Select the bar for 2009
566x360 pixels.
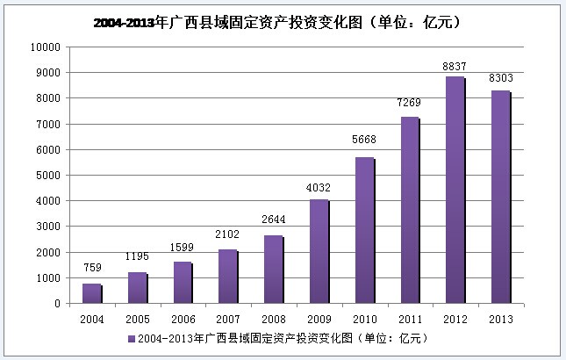[318, 252]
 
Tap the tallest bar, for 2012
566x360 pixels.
[454, 191]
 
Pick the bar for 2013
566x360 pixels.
[499, 198]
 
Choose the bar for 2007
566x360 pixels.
[226, 277]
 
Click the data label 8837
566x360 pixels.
[455, 65]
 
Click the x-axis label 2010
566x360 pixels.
[363, 320]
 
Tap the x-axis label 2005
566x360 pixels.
[136, 320]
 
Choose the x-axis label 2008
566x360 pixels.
[272, 320]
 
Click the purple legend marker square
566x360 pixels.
[131, 338]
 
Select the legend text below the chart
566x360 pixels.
[281, 338]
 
